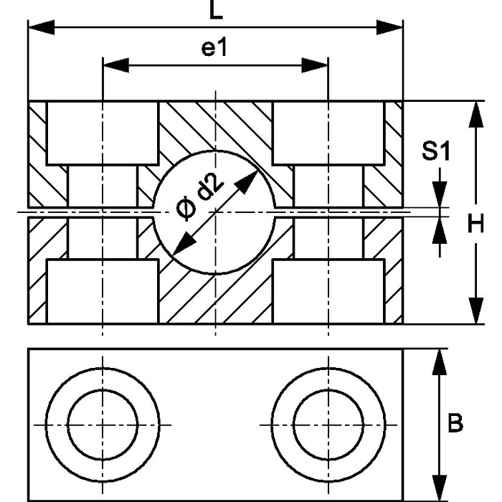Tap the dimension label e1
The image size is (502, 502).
pos(214,49)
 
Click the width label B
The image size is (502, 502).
pos(455,424)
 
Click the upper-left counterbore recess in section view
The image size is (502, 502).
pos(103,133)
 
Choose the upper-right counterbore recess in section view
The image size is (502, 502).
pos(328,133)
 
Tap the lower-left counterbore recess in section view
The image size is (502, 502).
pos(103,291)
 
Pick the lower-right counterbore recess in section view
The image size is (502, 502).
pos(328,291)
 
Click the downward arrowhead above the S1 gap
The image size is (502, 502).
pos(440,198)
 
